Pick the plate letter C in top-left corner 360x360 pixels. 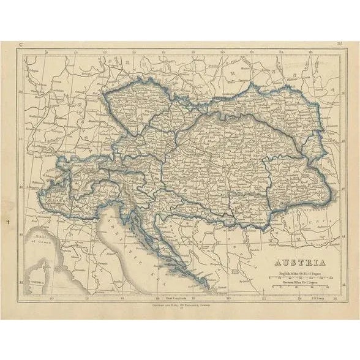21,45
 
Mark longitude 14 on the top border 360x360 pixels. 133,52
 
